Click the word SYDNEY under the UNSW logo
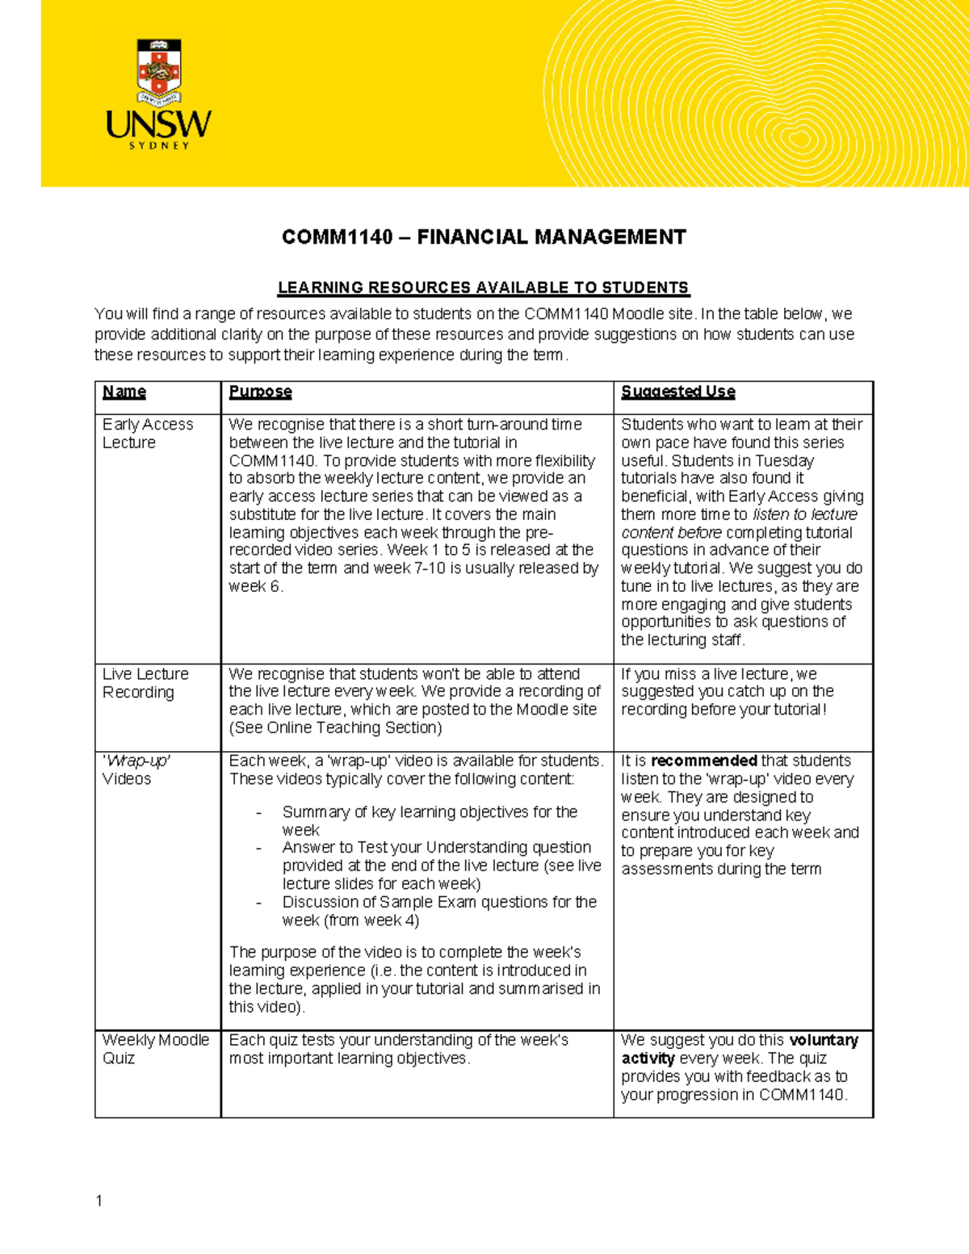(x=159, y=146)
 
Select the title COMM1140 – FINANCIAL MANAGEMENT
(x=484, y=237)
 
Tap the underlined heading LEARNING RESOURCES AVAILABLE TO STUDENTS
(x=483, y=287)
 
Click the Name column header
(x=124, y=392)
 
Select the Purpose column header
(x=260, y=392)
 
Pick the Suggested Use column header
(x=677, y=392)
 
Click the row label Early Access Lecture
(x=148, y=434)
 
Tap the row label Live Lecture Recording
(x=145, y=683)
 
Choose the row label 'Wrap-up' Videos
(x=135, y=770)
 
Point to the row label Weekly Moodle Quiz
(x=155, y=1049)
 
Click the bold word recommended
(x=703, y=761)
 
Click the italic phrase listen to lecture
(x=804, y=514)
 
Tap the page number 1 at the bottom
(x=99, y=1201)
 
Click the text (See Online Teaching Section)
(x=335, y=728)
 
